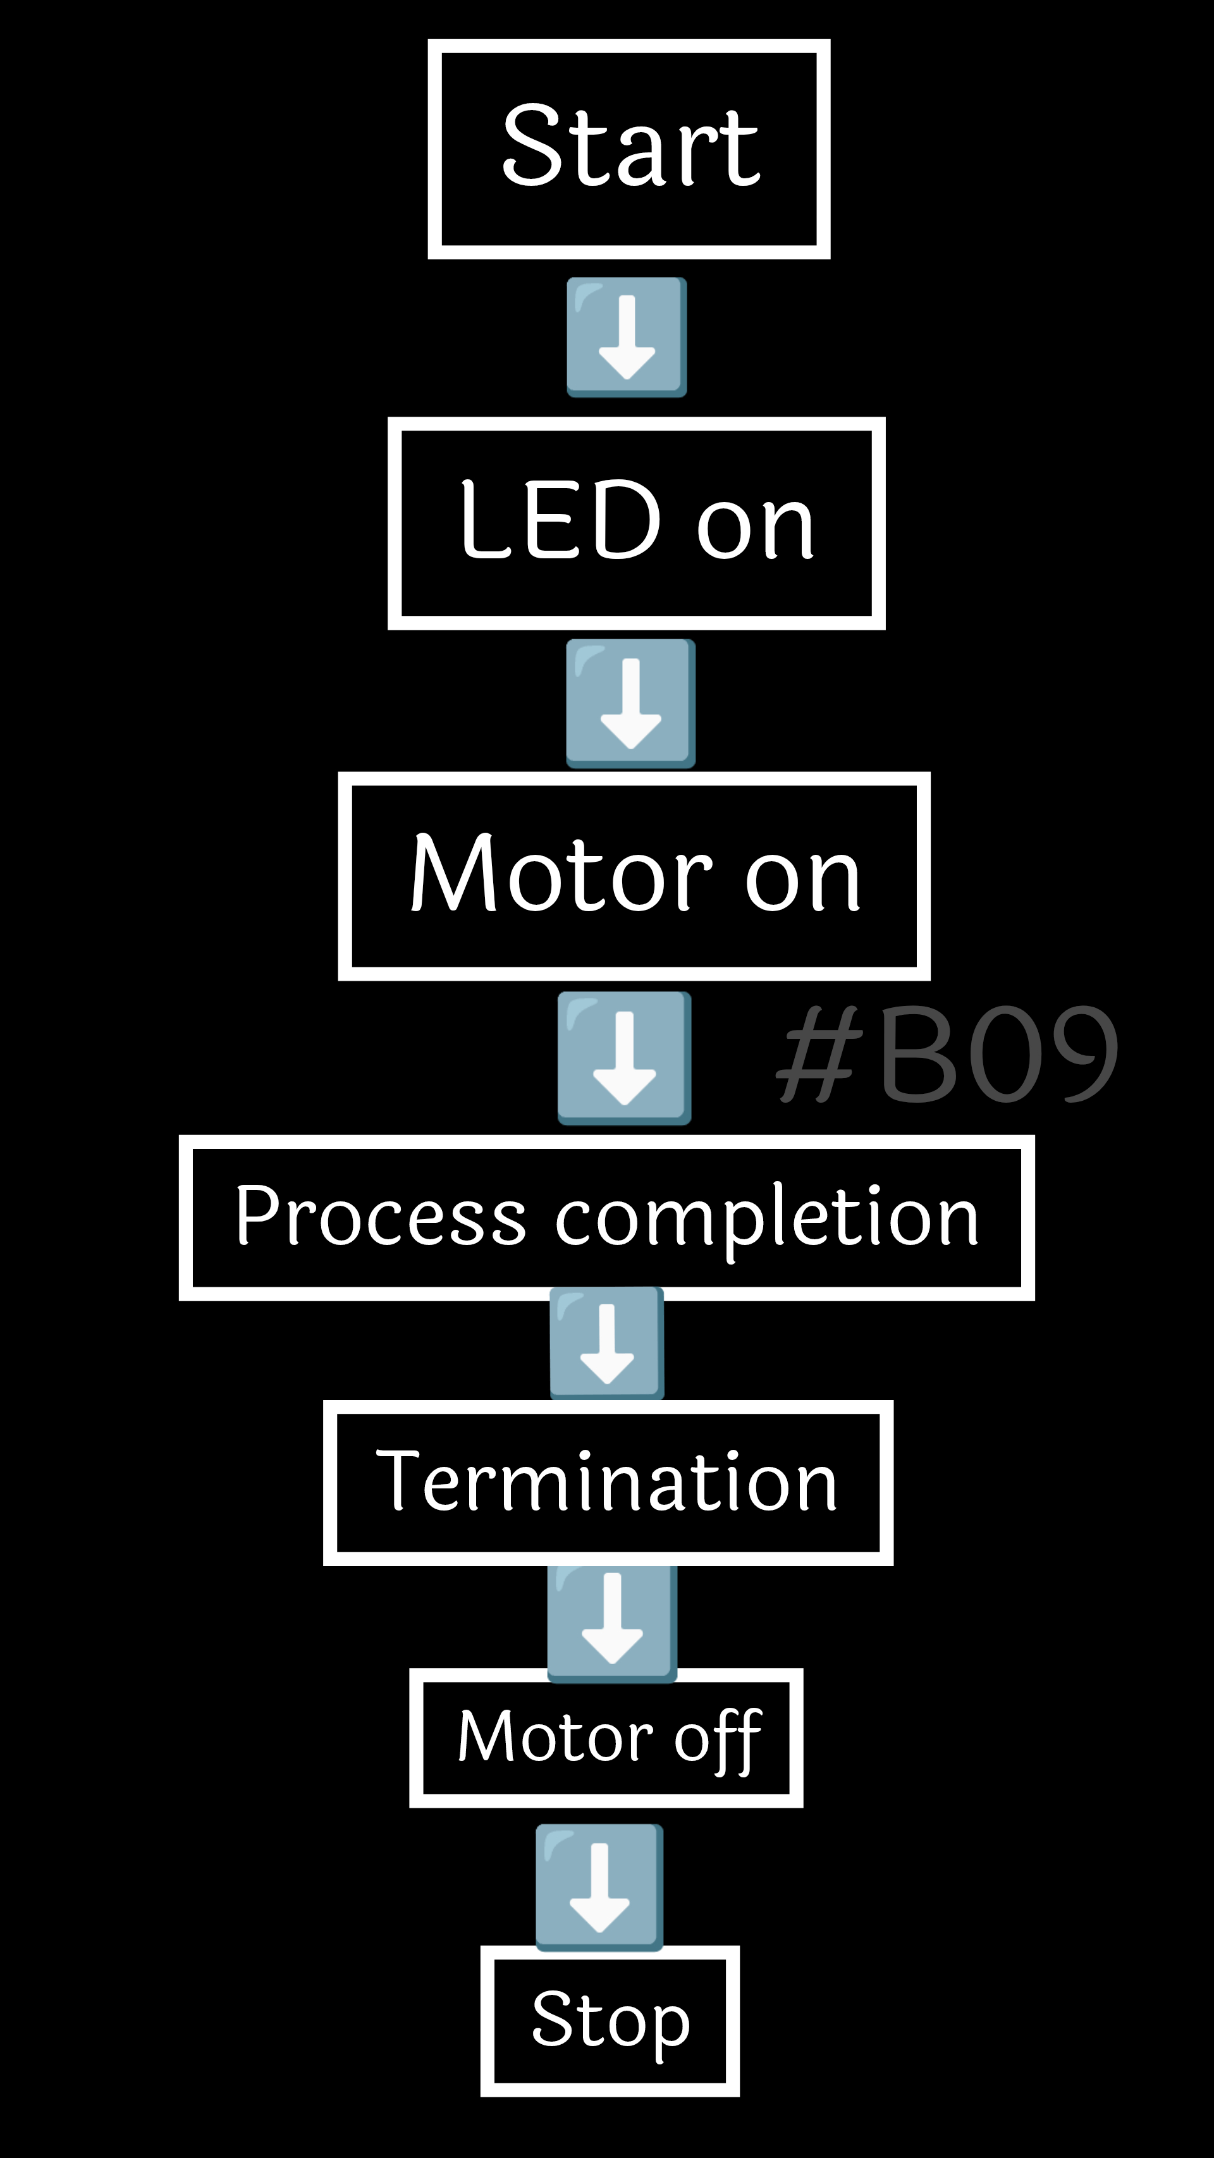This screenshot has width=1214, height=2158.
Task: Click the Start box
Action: point(628,149)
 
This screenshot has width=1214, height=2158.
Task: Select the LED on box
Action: point(636,523)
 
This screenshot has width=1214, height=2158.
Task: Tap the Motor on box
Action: point(634,876)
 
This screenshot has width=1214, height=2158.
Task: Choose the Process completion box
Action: point(606,1217)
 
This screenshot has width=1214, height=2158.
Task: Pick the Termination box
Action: point(608,1482)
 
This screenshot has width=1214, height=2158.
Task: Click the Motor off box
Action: point(606,1738)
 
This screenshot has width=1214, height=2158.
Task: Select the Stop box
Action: point(610,2021)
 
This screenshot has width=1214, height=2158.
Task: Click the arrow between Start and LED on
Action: point(627,337)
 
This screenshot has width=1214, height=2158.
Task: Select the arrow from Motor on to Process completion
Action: point(624,1057)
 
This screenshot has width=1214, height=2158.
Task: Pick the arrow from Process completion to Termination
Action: point(606,1343)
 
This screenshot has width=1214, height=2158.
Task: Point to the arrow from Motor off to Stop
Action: point(599,1887)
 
